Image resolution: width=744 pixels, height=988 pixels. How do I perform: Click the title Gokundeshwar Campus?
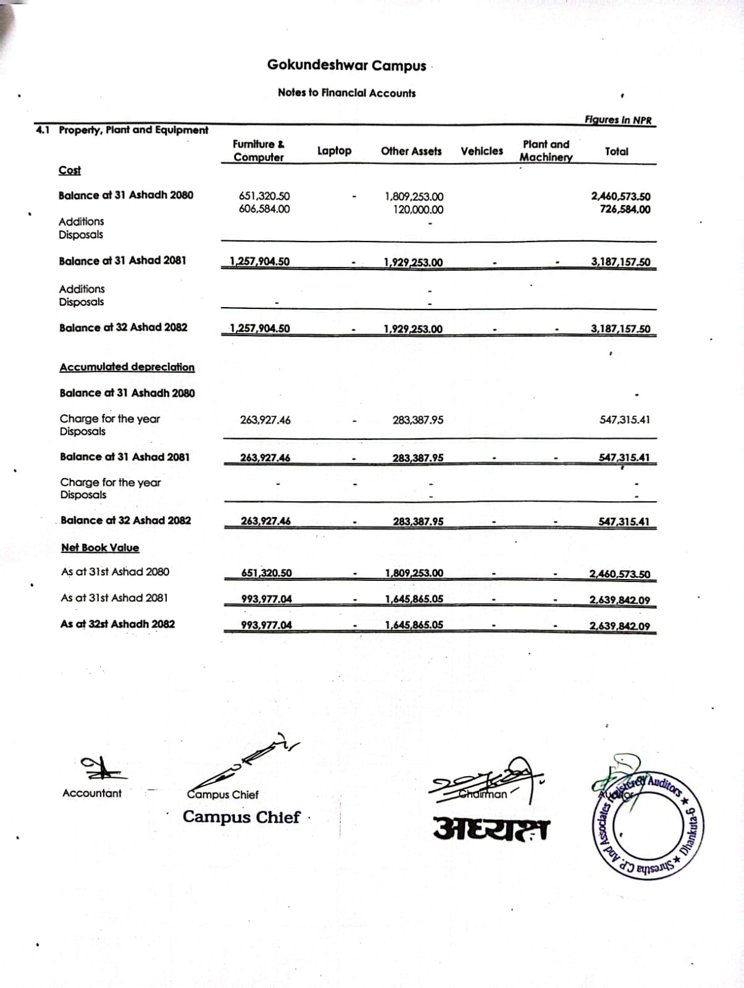tap(346, 65)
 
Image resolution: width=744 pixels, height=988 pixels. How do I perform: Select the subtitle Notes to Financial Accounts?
tap(346, 93)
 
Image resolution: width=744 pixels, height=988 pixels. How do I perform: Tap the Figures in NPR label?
tap(618, 120)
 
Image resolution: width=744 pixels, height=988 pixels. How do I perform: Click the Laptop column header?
tap(334, 151)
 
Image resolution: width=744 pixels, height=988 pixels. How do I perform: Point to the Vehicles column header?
tap(482, 151)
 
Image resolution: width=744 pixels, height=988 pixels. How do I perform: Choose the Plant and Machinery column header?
tap(546, 151)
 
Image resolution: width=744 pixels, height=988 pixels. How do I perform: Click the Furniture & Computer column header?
tap(259, 151)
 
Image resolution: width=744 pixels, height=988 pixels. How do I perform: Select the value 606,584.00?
tap(264, 209)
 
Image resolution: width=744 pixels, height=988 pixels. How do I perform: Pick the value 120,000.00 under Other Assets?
tap(418, 209)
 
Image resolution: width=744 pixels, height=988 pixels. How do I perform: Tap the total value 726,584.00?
tap(625, 209)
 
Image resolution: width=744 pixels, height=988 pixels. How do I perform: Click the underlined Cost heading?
tap(70, 171)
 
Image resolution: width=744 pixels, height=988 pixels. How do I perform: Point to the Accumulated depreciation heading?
tap(127, 367)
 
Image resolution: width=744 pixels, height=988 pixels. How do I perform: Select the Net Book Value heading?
tap(100, 547)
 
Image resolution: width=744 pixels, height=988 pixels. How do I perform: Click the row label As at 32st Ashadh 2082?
tap(117, 624)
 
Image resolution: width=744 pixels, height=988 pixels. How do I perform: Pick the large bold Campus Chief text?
tap(241, 817)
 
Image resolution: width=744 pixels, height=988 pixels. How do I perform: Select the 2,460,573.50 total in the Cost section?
tap(621, 196)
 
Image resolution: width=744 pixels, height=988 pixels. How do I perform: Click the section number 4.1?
tap(43, 130)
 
